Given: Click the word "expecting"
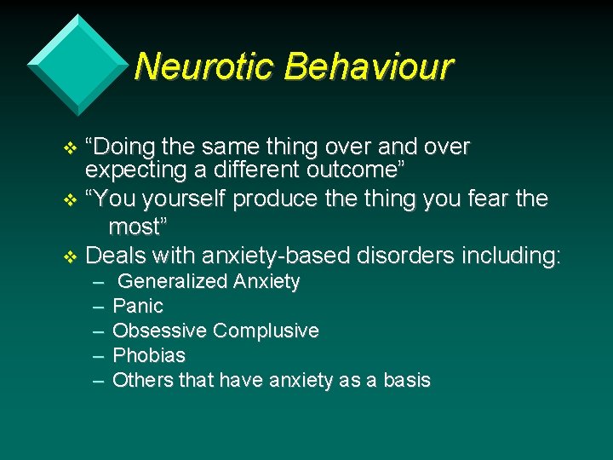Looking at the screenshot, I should (x=135, y=170).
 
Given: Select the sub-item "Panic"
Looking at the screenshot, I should (x=138, y=306).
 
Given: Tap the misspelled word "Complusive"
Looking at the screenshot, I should (x=266, y=331).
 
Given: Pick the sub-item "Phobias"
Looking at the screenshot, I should (x=148, y=355).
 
